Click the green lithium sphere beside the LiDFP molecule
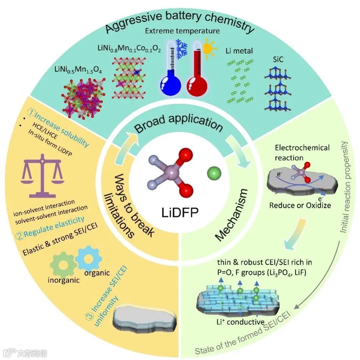click(214, 174)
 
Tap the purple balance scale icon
click(42, 174)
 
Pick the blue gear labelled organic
click(88, 258)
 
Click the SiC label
click(278, 60)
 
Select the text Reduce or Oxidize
click(300, 205)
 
